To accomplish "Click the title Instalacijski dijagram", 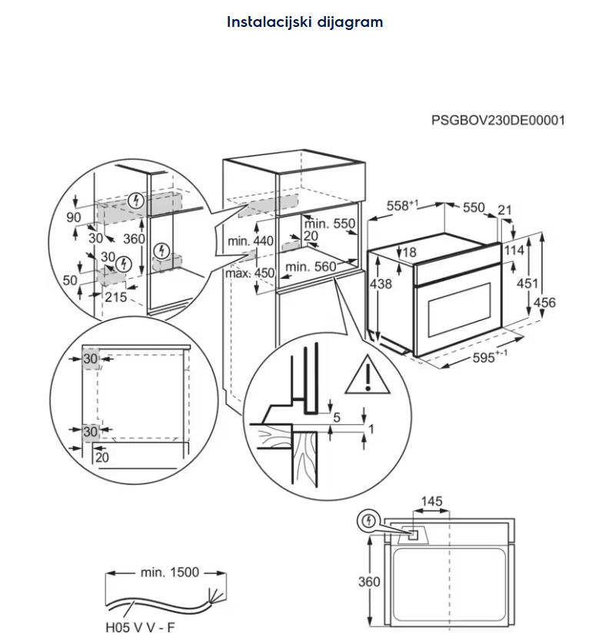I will pos(304,22).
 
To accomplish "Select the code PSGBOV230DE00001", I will pos(497,121).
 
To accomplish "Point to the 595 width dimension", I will pos(471,357).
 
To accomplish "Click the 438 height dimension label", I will pos(381,284).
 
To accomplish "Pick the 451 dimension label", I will pos(527,284).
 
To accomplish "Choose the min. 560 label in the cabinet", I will pos(310,267).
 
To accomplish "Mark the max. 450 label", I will pos(249,274).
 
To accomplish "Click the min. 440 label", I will pos(251,241).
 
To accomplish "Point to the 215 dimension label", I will pos(115,297).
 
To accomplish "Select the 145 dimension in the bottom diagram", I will pos(431,502).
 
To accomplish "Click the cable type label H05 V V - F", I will pos(140,627).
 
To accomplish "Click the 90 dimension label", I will pos(73,217).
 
